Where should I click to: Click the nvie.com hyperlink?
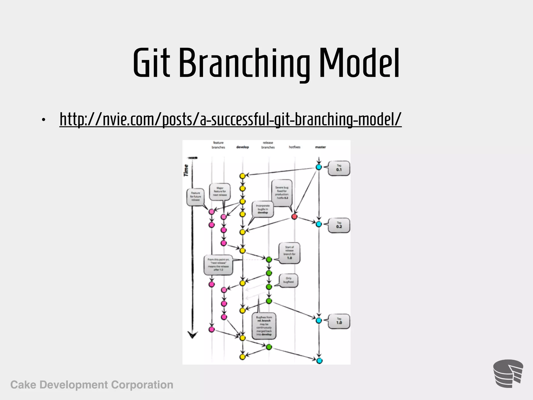pyautogui.click(x=230, y=119)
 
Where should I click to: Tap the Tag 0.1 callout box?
pyautogui.click(x=339, y=168)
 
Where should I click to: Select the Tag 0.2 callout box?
pyautogui.click(x=339, y=225)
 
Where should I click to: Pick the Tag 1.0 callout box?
pyautogui.click(x=339, y=321)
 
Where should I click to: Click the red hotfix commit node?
pyautogui.click(x=294, y=216)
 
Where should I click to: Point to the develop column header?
pyautogui.click(x=242, y=147)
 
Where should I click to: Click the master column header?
pyautogui.click(x=320, y=147)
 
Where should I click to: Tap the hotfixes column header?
pyautogui.click(x=294, y=147)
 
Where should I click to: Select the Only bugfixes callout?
pyautogui.click(x=288, y=280)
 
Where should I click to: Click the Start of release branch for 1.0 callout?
pyautogui.click(x=289, y=253)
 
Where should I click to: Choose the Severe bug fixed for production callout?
pyautogui.click(x=282, y=193)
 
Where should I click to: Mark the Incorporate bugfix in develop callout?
pyautogui.click(x=263, y=209)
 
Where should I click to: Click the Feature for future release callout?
pyautogui.click(x=195, y=197)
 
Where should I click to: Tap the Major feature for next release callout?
pyautogui.click(x=220, y=191)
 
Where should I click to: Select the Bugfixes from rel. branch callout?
pyautogui.click(x=264, y=326)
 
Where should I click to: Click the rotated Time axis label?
pyautogui.click(x=186, y=170)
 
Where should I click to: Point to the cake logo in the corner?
pyautogui.click(x=508, y=374)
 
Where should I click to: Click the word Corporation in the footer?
pyautogui.click(x=142, y=385)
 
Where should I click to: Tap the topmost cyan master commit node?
pyautogui.click(x=319, y=167)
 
